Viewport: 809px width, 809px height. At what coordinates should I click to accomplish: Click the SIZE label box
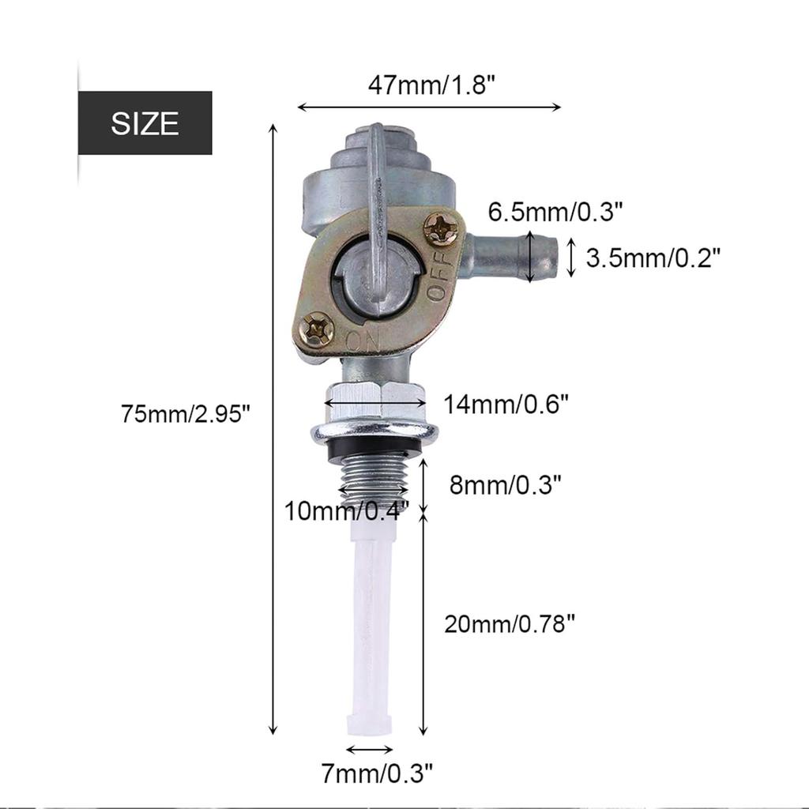145,123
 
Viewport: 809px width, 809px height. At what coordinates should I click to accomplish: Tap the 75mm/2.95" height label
186,413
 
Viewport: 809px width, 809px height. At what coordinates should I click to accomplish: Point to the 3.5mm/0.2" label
653,257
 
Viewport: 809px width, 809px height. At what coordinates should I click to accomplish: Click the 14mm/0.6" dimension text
506,404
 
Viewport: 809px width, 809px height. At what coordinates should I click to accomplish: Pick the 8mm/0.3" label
506,484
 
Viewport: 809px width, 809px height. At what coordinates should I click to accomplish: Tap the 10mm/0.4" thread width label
348,511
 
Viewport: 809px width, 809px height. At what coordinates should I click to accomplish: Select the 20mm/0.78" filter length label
509,624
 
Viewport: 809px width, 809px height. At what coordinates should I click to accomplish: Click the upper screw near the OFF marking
441,229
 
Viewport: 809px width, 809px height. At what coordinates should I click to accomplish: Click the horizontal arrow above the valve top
429,107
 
